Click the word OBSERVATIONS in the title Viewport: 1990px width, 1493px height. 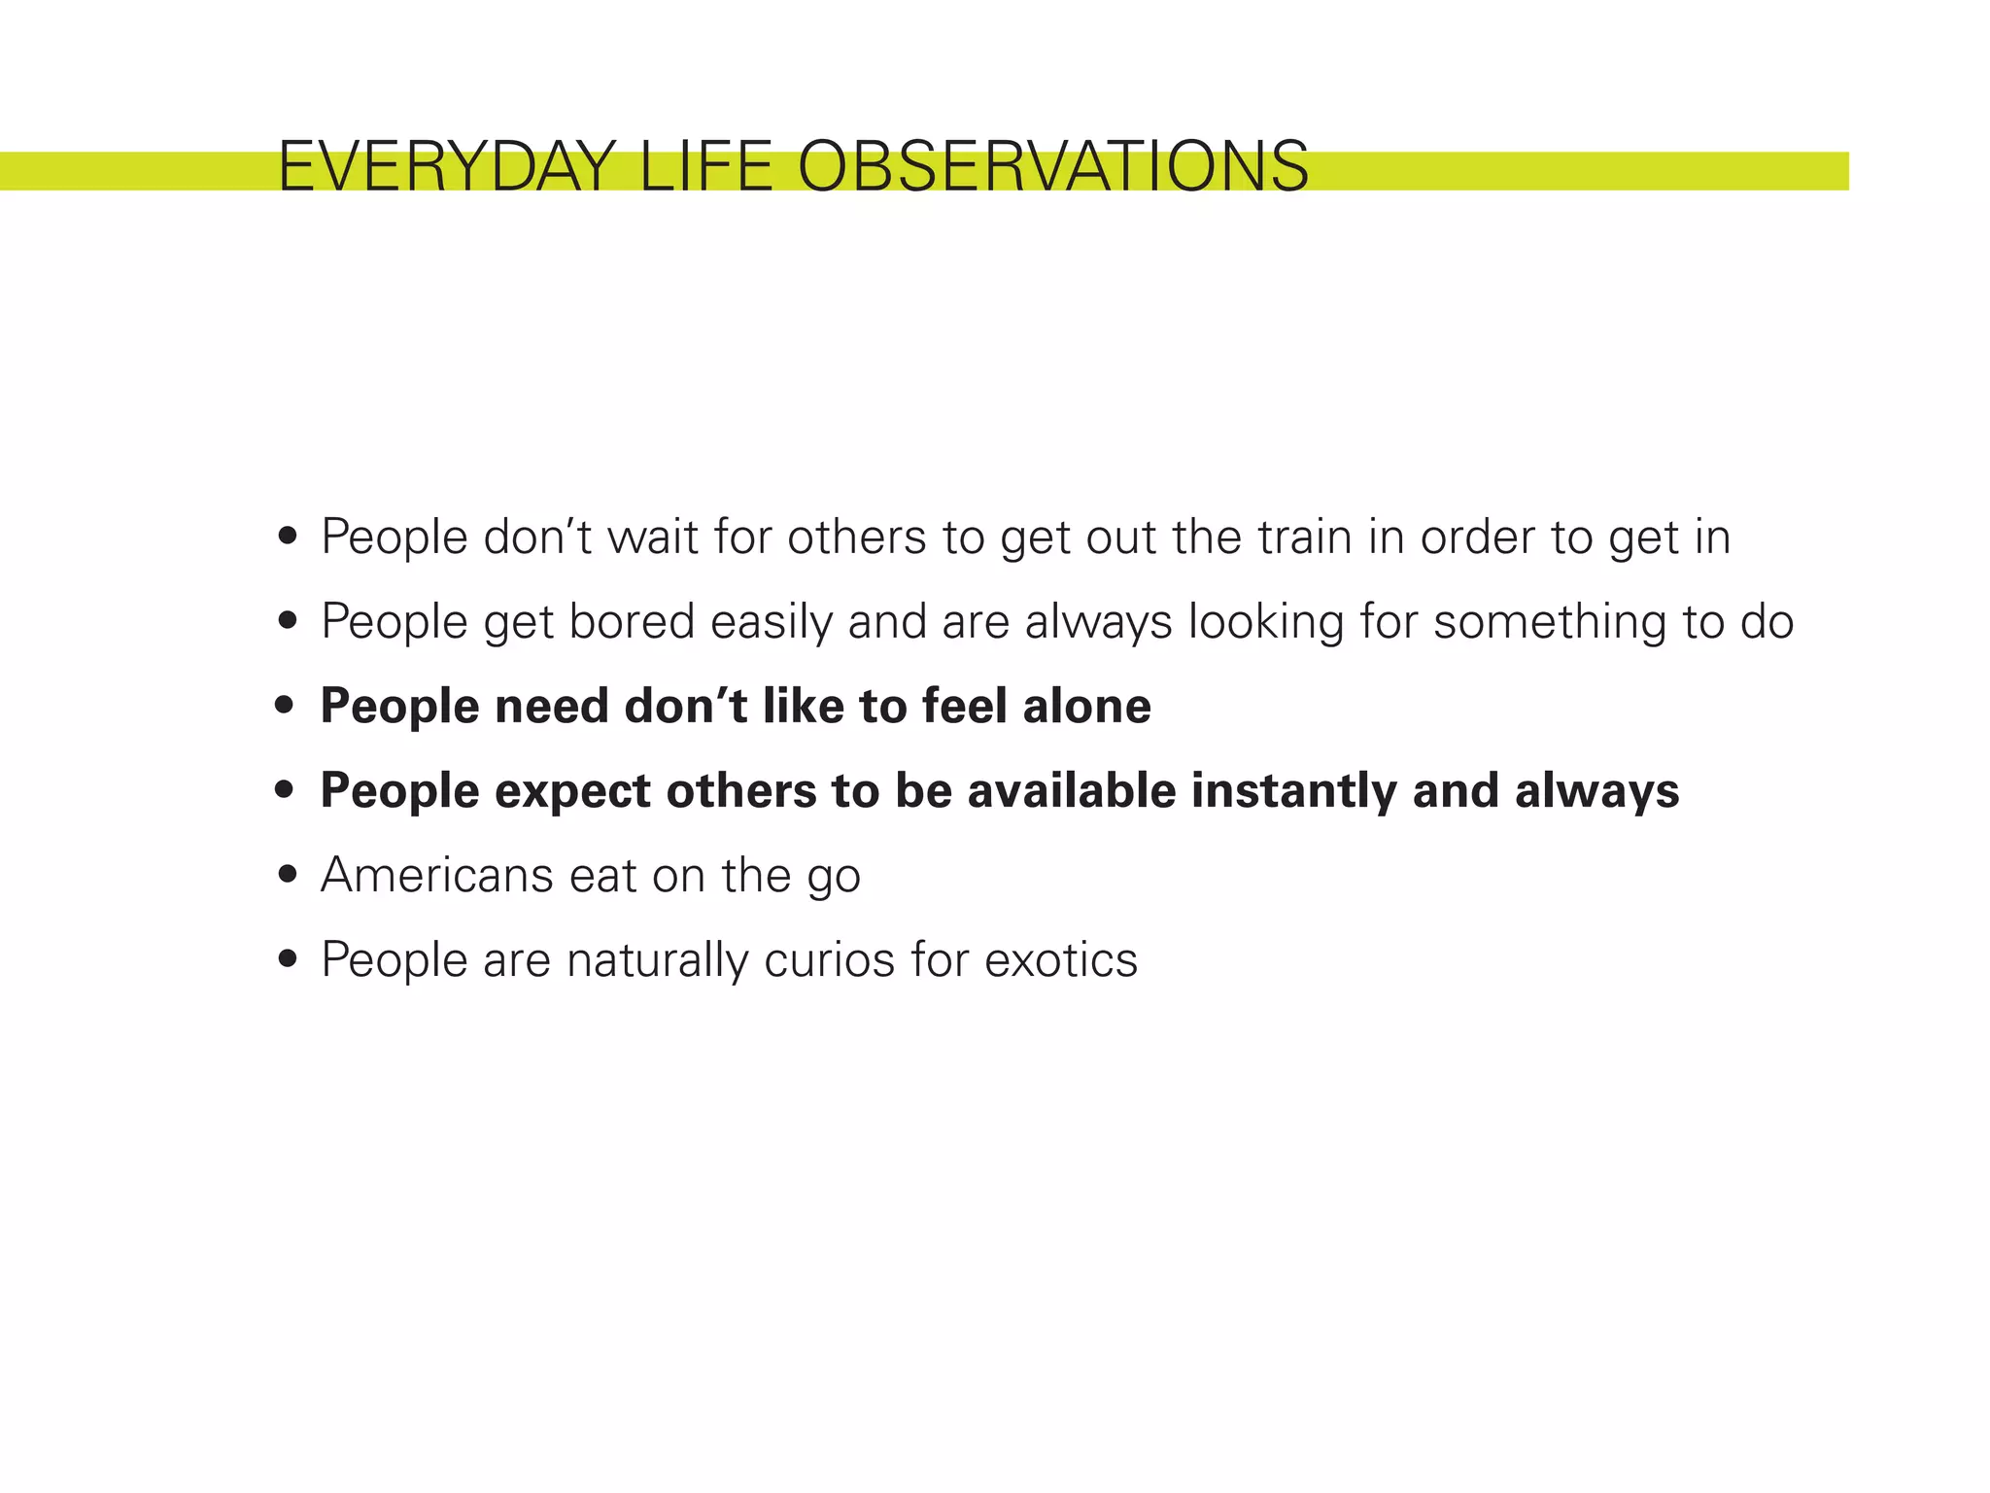pos(1053,167)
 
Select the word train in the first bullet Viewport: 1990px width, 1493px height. pos(1304,538)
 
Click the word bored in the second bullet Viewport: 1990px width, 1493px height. pos(632,622)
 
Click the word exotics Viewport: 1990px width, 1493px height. pos(1060,960)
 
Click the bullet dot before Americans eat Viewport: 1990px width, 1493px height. pos(287,875)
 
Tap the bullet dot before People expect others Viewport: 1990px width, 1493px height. pos(285,790)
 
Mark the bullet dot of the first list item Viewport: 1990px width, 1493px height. pos(287,537)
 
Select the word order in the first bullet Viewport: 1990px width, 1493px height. pos(1476,538)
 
